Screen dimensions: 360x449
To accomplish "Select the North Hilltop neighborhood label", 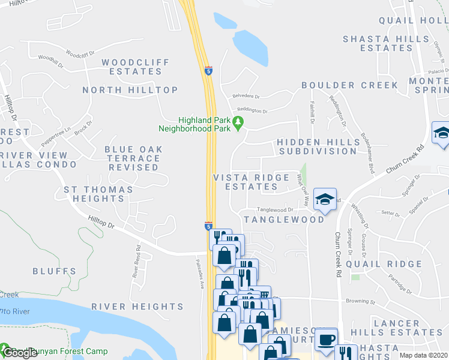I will tap(130, 90).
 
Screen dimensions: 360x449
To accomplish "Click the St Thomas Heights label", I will tap(98, 194).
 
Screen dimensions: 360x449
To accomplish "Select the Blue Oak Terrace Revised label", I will tap(132, 158).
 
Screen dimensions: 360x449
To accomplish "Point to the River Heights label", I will tap(137, 307).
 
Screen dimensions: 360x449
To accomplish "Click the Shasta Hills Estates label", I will tap(378, 43).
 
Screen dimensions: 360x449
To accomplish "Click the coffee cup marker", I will tap(326, 340).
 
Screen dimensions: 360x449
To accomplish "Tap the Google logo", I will tap(19, 353).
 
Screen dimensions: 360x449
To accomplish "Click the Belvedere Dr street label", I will tap(246, 96).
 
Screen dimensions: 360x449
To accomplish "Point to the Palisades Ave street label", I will tap(202, 267).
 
